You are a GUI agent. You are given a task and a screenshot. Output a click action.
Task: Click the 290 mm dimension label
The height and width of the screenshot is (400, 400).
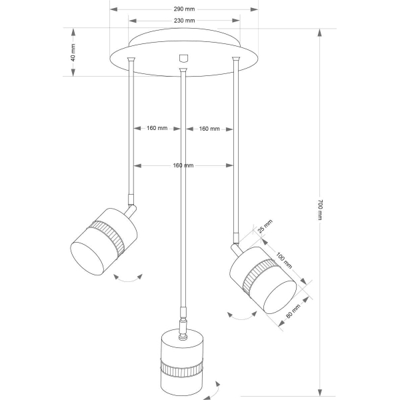pos(184,9)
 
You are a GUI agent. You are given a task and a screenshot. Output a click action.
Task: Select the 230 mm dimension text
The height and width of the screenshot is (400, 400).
pos(184,21)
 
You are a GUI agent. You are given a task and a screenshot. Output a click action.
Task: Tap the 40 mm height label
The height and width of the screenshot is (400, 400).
pos(73,53)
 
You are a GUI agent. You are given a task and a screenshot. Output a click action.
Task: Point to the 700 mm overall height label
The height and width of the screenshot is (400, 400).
pos(320,210)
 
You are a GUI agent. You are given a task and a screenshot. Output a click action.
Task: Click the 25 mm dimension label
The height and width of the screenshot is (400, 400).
pos(265,226)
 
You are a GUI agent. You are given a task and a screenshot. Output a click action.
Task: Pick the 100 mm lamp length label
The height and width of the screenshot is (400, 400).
pos(284,260)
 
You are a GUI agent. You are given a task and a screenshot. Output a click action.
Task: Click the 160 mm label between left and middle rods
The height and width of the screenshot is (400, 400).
pos(157,128)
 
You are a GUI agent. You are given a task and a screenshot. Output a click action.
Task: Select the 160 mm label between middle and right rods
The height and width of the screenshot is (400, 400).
pos(209,129)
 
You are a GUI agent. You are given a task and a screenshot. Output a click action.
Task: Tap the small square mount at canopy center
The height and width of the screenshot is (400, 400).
pos(183,58)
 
